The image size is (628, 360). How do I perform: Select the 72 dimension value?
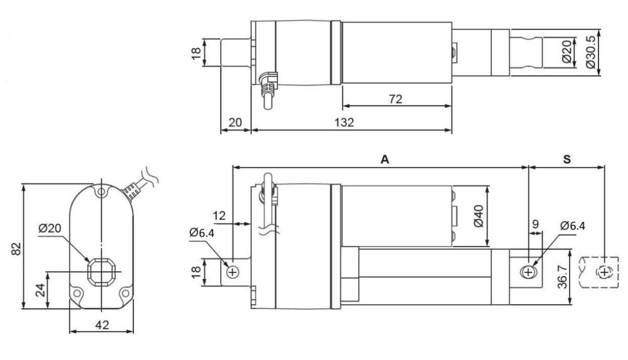[x=395, y=99]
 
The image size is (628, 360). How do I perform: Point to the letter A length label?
[x=384, y=160]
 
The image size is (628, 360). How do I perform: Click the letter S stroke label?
[x=566, y=160]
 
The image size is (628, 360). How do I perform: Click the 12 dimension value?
[x=220, y=216]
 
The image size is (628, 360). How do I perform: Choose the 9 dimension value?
[x=535, y=224]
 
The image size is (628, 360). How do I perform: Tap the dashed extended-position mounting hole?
[x=604, y=272]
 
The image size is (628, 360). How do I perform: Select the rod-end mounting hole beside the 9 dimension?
[x=528, y=272]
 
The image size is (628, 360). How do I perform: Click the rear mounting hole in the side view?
[x=232, y=272]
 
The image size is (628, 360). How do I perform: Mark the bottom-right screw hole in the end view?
[x=124, y=293]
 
